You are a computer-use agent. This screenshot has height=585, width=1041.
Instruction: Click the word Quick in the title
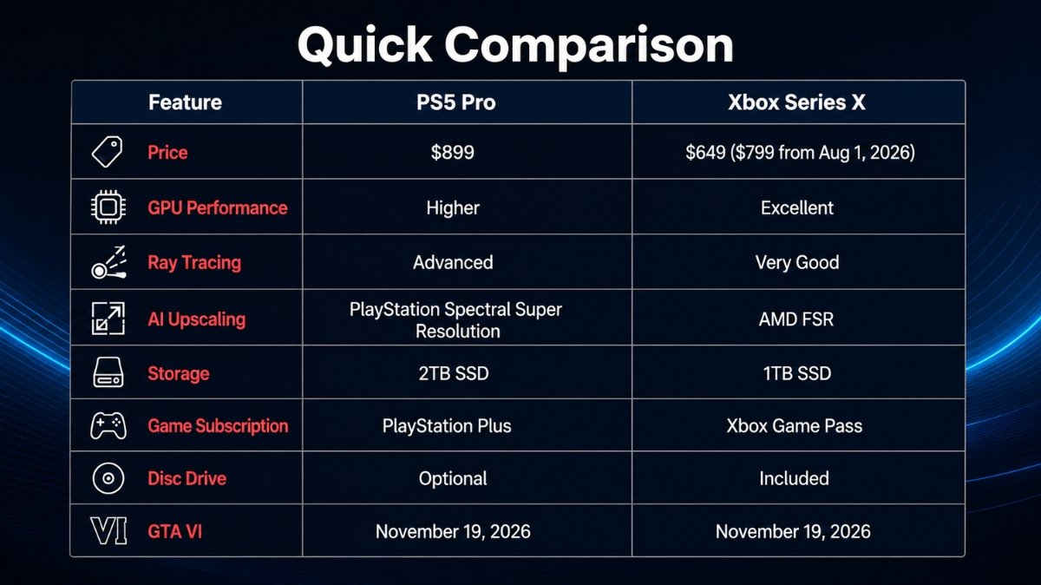click(x=365, y=46)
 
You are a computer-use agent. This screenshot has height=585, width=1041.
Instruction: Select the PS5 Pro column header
click(x=456, y=102)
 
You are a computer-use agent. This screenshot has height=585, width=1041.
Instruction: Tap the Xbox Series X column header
click(x=796, y=102)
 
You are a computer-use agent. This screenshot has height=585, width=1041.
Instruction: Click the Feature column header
click(x=185, y=102)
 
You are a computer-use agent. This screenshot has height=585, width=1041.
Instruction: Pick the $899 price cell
click(x=452, y=153)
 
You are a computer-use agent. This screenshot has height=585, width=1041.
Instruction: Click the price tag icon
click(x=108, y=152)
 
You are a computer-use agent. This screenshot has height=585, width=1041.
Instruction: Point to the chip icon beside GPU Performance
click(x=108, y=207)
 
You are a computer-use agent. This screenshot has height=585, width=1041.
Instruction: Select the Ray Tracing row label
click(x=194, y=263)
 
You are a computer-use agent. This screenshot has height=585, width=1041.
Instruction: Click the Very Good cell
click(x=797, y=263)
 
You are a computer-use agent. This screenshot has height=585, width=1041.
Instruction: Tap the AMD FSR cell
click(x=796, y=319)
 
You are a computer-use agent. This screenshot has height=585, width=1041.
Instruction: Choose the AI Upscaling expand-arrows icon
click(x=108, y=319)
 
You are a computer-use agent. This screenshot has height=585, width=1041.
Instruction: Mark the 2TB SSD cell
click(x=454, y=373)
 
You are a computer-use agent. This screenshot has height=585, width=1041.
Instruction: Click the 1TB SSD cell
click(x=797, y=373)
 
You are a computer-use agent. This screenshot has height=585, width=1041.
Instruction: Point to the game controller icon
click(x=108, y=425)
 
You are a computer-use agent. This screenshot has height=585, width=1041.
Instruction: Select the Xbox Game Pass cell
click(x=795, y=426)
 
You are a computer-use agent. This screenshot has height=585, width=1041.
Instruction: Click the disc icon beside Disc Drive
click(x=108, y=478)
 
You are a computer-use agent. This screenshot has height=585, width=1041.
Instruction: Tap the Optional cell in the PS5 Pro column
click(x=453, y=478)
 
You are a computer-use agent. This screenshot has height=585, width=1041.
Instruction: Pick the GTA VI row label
click(x=174, y=531)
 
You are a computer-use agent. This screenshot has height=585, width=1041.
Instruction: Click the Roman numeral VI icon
click(x=108, y=531)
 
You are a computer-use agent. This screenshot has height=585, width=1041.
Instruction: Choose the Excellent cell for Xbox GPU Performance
click(x=797, y=207)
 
